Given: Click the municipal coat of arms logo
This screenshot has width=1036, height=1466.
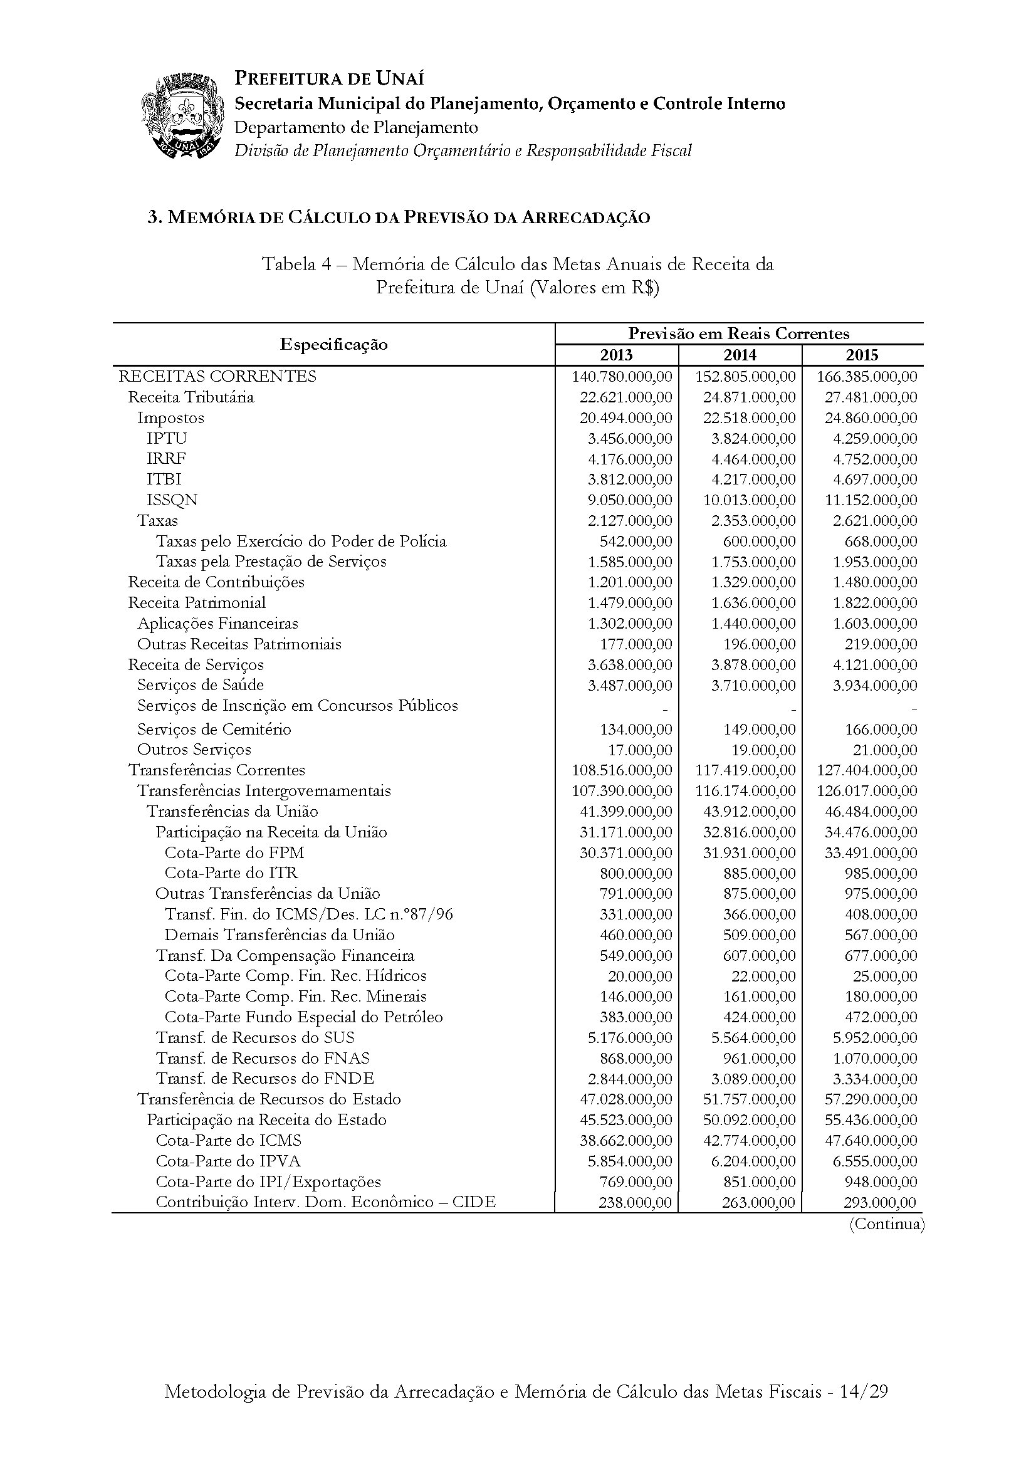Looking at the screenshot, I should tap(183, 115).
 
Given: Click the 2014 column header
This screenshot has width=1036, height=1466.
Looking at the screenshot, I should tap(739, 355).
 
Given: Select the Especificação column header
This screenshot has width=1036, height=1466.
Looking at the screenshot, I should tap(333, 344).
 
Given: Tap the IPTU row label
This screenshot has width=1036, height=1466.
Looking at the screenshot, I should tap(167, 438).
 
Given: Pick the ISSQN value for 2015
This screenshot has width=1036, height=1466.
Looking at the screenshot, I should tap(871, 500).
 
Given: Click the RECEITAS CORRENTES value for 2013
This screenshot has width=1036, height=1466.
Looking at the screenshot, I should tap(622, 377).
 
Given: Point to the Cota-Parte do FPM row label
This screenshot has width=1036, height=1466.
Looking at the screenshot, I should tap(234, 852).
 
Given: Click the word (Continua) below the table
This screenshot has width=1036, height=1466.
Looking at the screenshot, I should tap(886, 1223).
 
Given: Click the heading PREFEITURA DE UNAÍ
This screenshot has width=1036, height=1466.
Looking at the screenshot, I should tap(330, 78).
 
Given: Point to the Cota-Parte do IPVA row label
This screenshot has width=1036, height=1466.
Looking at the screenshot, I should tap(228, 1161).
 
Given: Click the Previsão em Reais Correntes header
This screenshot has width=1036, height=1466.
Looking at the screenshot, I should tap(738, 333).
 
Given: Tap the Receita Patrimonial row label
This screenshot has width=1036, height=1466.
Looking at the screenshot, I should tap(197, 602).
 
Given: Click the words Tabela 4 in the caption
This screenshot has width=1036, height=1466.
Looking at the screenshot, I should tap(296, 264).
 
